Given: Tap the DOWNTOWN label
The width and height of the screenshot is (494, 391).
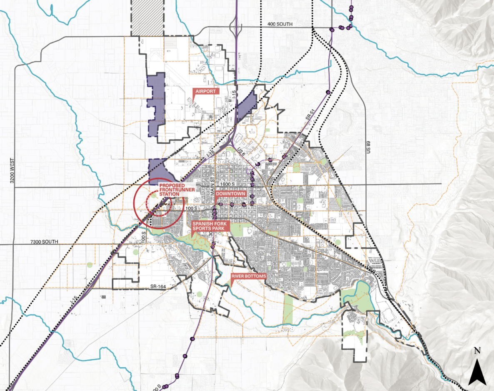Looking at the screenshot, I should click(230, 194).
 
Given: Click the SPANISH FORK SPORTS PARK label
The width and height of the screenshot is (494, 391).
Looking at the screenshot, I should click(210, 226).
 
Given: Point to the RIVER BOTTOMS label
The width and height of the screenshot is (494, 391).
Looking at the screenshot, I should click(248, 276).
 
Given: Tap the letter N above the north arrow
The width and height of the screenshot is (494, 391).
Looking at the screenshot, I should click(477, 351).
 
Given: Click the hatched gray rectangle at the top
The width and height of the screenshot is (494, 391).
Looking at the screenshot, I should click(147, 18).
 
